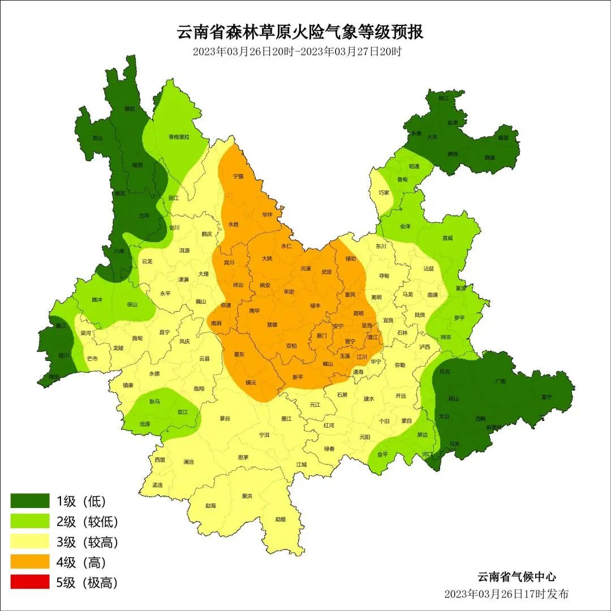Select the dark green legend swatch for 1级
tap(30, 501)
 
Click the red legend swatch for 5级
tap(30, 583)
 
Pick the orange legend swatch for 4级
tap(30, 562)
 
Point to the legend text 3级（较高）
tap(87, 542)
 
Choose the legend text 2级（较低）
tap(87, 522)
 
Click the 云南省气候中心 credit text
tap(516, 577)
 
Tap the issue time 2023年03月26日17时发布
tap(506, 594)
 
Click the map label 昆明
tap(358, 313)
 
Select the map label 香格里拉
tap(179, 137)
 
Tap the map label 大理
tap(203, 274)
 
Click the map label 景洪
tap(247, 496)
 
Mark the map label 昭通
tap(414, 166)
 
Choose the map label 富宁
tap(546, 397)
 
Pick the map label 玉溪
tap(345, 356)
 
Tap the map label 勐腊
tap(281, 519)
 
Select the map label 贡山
tap(98, 137)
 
